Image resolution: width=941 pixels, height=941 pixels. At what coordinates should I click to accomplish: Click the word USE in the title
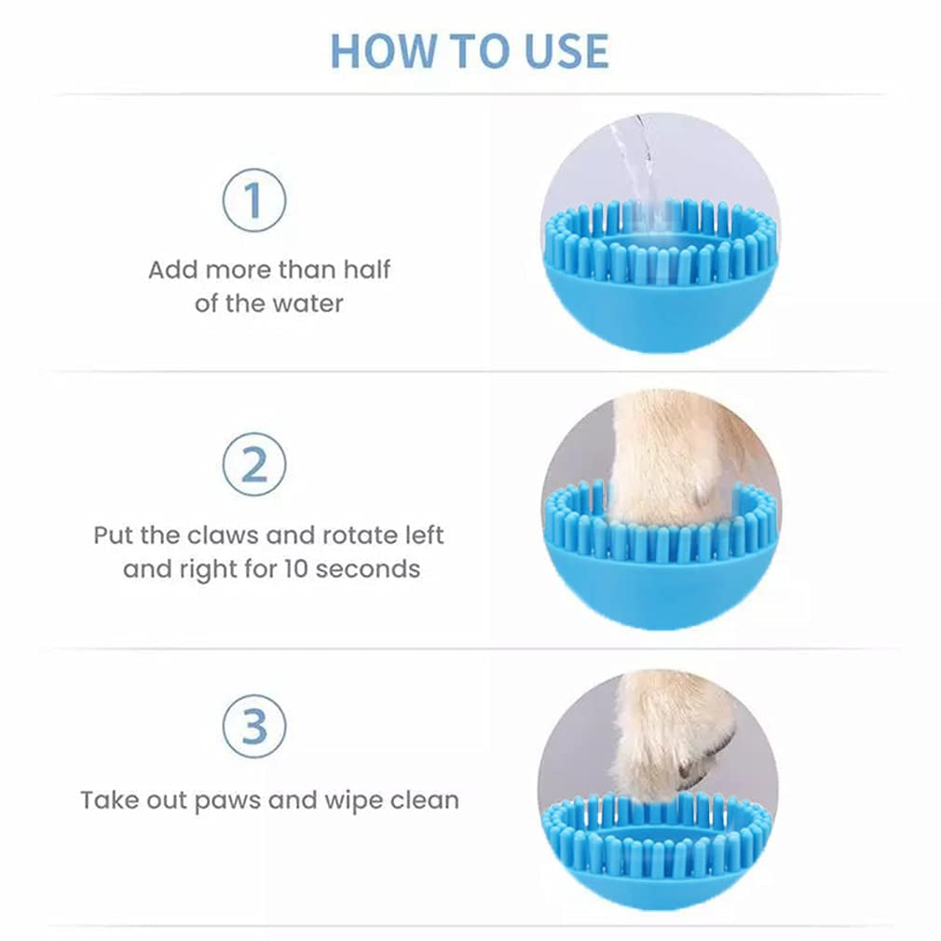point(566,51)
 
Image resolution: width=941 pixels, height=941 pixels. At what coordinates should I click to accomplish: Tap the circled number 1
point(253,199)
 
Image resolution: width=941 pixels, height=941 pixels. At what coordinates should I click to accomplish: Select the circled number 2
point(253,464)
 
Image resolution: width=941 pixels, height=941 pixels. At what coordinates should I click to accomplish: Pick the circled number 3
point(253,726)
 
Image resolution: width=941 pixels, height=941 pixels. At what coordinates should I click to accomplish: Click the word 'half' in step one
point(367,269)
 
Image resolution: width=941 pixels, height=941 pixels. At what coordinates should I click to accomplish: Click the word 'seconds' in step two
point(367,569)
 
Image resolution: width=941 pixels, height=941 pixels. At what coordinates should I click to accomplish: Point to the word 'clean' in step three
point(425,800)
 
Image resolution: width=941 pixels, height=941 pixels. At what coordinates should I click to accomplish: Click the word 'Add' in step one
point(173,269)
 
